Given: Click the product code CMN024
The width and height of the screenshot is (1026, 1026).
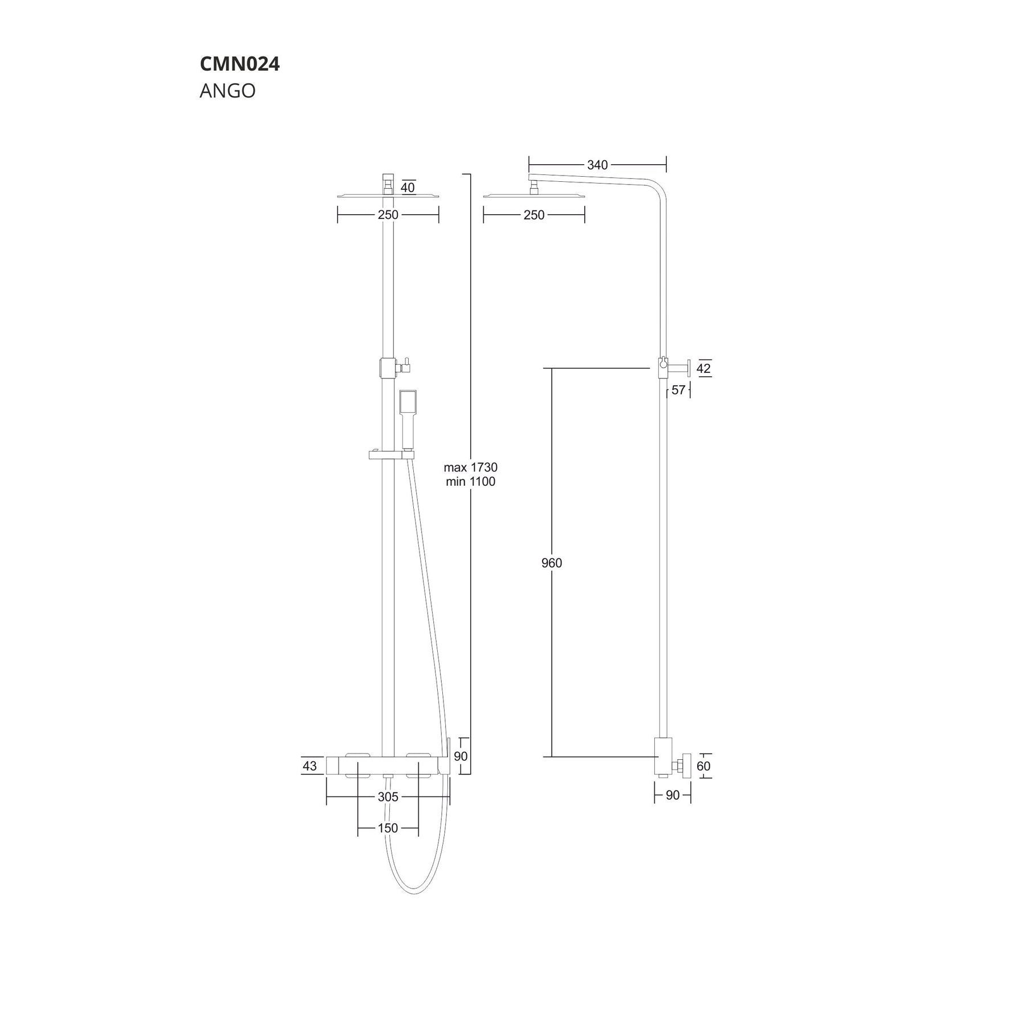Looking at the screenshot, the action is tap(239, 64).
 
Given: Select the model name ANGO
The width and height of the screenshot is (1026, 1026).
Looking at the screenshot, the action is tap(227, 91).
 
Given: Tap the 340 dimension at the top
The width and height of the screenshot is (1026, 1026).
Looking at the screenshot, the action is tap(597, 165).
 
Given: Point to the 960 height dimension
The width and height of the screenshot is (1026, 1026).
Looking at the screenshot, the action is tap(552, 563).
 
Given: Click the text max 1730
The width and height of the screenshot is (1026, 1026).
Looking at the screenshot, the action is tap(471, 467).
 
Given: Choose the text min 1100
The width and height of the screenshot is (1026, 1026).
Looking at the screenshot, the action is tap(471, 482).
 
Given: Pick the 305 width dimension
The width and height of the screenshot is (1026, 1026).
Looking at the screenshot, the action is tap(388, 797).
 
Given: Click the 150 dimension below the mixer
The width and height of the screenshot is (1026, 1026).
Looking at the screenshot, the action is tap(388, 828).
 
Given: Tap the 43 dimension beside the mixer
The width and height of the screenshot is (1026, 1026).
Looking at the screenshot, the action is tap(310, 766).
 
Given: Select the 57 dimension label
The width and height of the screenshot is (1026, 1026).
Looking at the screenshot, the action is tap(678, 390).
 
